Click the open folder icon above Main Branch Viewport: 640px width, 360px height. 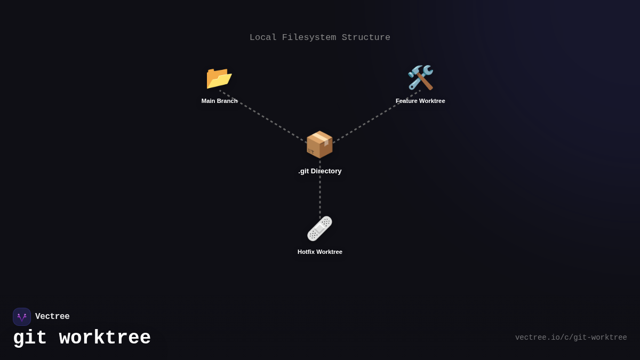[219, 78]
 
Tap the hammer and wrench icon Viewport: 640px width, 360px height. [420, 78]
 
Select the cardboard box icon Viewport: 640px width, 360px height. [319, 144]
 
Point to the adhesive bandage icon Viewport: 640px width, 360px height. [319, 229]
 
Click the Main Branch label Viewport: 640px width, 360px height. [219, 101]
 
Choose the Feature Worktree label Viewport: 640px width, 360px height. [420, 101]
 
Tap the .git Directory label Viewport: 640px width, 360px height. [320, 171]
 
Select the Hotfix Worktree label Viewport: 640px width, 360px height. [320, 252]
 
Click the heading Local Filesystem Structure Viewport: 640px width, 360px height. [320, 38]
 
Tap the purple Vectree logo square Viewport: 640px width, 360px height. [22, 317]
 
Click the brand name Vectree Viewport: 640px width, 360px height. [52, 317]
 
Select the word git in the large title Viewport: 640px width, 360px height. [30, 338]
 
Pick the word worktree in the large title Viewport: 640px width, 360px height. [105, 338]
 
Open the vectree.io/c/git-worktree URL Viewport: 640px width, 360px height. [571, 338]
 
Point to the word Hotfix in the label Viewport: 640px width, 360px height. [306, 252]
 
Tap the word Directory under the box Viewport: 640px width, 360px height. [327, 171]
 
